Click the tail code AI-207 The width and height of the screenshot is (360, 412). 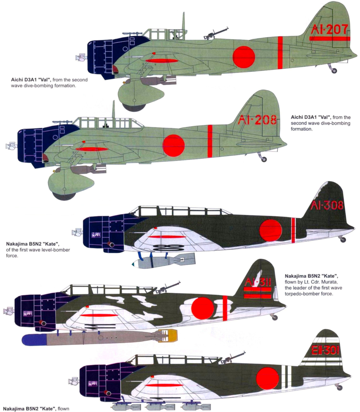pyautogui.click(x=329, y=29)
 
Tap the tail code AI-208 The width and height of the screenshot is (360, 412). pyautogui.click(x=257, y=120)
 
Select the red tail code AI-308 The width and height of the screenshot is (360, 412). pyautogui.click(x=327, y=205)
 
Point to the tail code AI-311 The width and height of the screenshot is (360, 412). pyautogui.click(x=258, y=282)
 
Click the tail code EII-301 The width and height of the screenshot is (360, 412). pyautogui.click(x=325, y=350)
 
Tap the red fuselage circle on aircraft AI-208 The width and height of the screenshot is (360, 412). pyautogui.click(x=173, y=146)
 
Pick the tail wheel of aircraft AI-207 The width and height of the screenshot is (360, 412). pyautogui.click(x=334, y=71)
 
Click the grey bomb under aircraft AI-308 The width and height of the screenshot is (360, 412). pyautogui.click(x=164, y=261)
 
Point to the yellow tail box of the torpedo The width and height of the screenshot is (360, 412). pyautogui.click(x=171, y=336)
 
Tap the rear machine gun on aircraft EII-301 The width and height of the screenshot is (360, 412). pyautogui.click(x=233, y=358)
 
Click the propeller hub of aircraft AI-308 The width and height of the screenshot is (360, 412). pyautogui.click(x=77, y=232)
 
